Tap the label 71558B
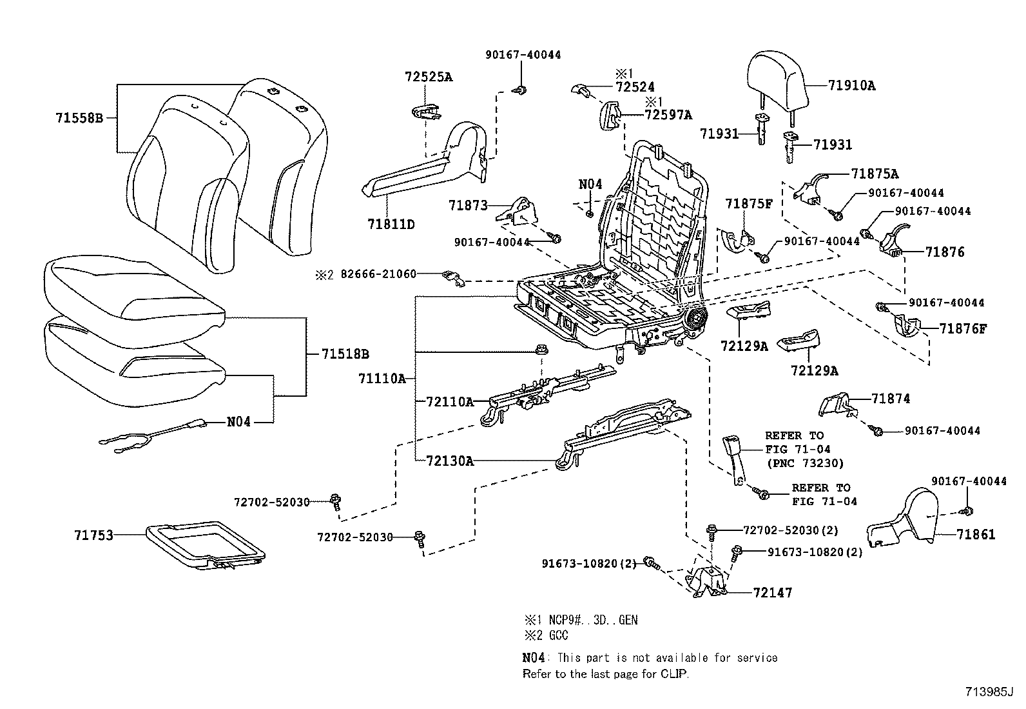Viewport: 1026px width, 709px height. click(79, 118)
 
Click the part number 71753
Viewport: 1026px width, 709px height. click(93, 535)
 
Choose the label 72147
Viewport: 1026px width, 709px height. click(772, 592)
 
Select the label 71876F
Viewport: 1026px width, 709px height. click(963, 328)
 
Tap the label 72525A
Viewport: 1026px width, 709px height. click(429, 77)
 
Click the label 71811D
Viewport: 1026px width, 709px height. click(391, 224)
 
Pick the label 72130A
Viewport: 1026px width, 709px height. click(449, 461)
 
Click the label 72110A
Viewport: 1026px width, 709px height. click(449, 402)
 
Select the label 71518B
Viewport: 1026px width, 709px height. click(345, 354)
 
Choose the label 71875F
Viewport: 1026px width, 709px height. click(748, 204)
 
